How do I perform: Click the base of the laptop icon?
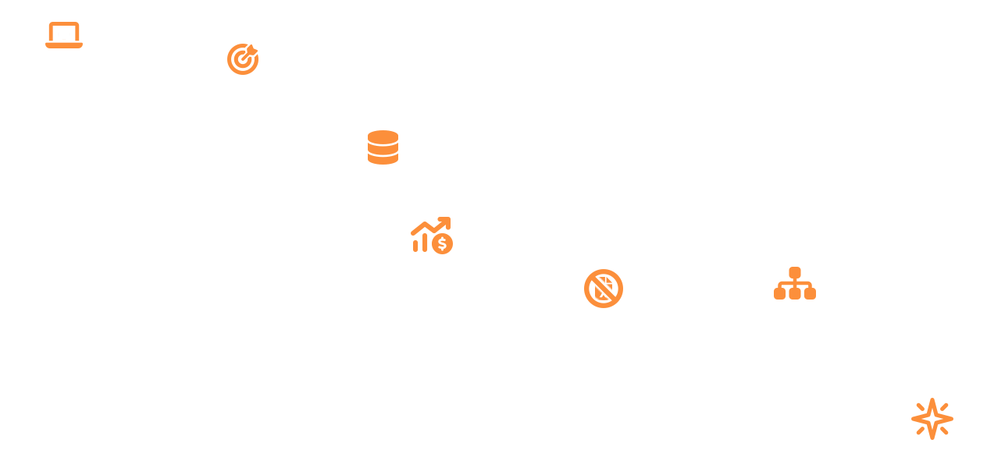pyautogui.click(x=64, y=45)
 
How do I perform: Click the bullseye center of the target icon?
pyautogui.click(x=242, y=60)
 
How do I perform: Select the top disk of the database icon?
pyautogui.click(x=383, y=136)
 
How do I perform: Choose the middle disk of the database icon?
pyautogui.click(x=383, y=147)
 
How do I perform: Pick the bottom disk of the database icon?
pyautogui.click(x=383, y=158)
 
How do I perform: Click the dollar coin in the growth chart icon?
pyautogui.click(x=443, y=244)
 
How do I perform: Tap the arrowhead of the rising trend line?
pyautogui.click(x=446, y=222)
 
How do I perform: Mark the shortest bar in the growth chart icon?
pyautogui.click(x=415, y=246)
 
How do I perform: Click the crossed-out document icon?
pyautogui.click(x=604, y=289)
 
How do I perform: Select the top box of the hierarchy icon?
pyautogui.click(x=795, y=272)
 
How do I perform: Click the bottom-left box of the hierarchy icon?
pyautogui.click(x=779, y=294)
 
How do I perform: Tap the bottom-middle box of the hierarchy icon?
pyautogui.click(x=795, y=294)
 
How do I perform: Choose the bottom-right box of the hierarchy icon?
pyautogui.click(x=810, y=294)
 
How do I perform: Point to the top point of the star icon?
pyautogui.click(x=932, y=402)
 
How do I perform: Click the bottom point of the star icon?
pyautogui.click(x=932, y=436)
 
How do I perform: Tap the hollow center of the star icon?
pyautogui.click(x=932, y=420)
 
